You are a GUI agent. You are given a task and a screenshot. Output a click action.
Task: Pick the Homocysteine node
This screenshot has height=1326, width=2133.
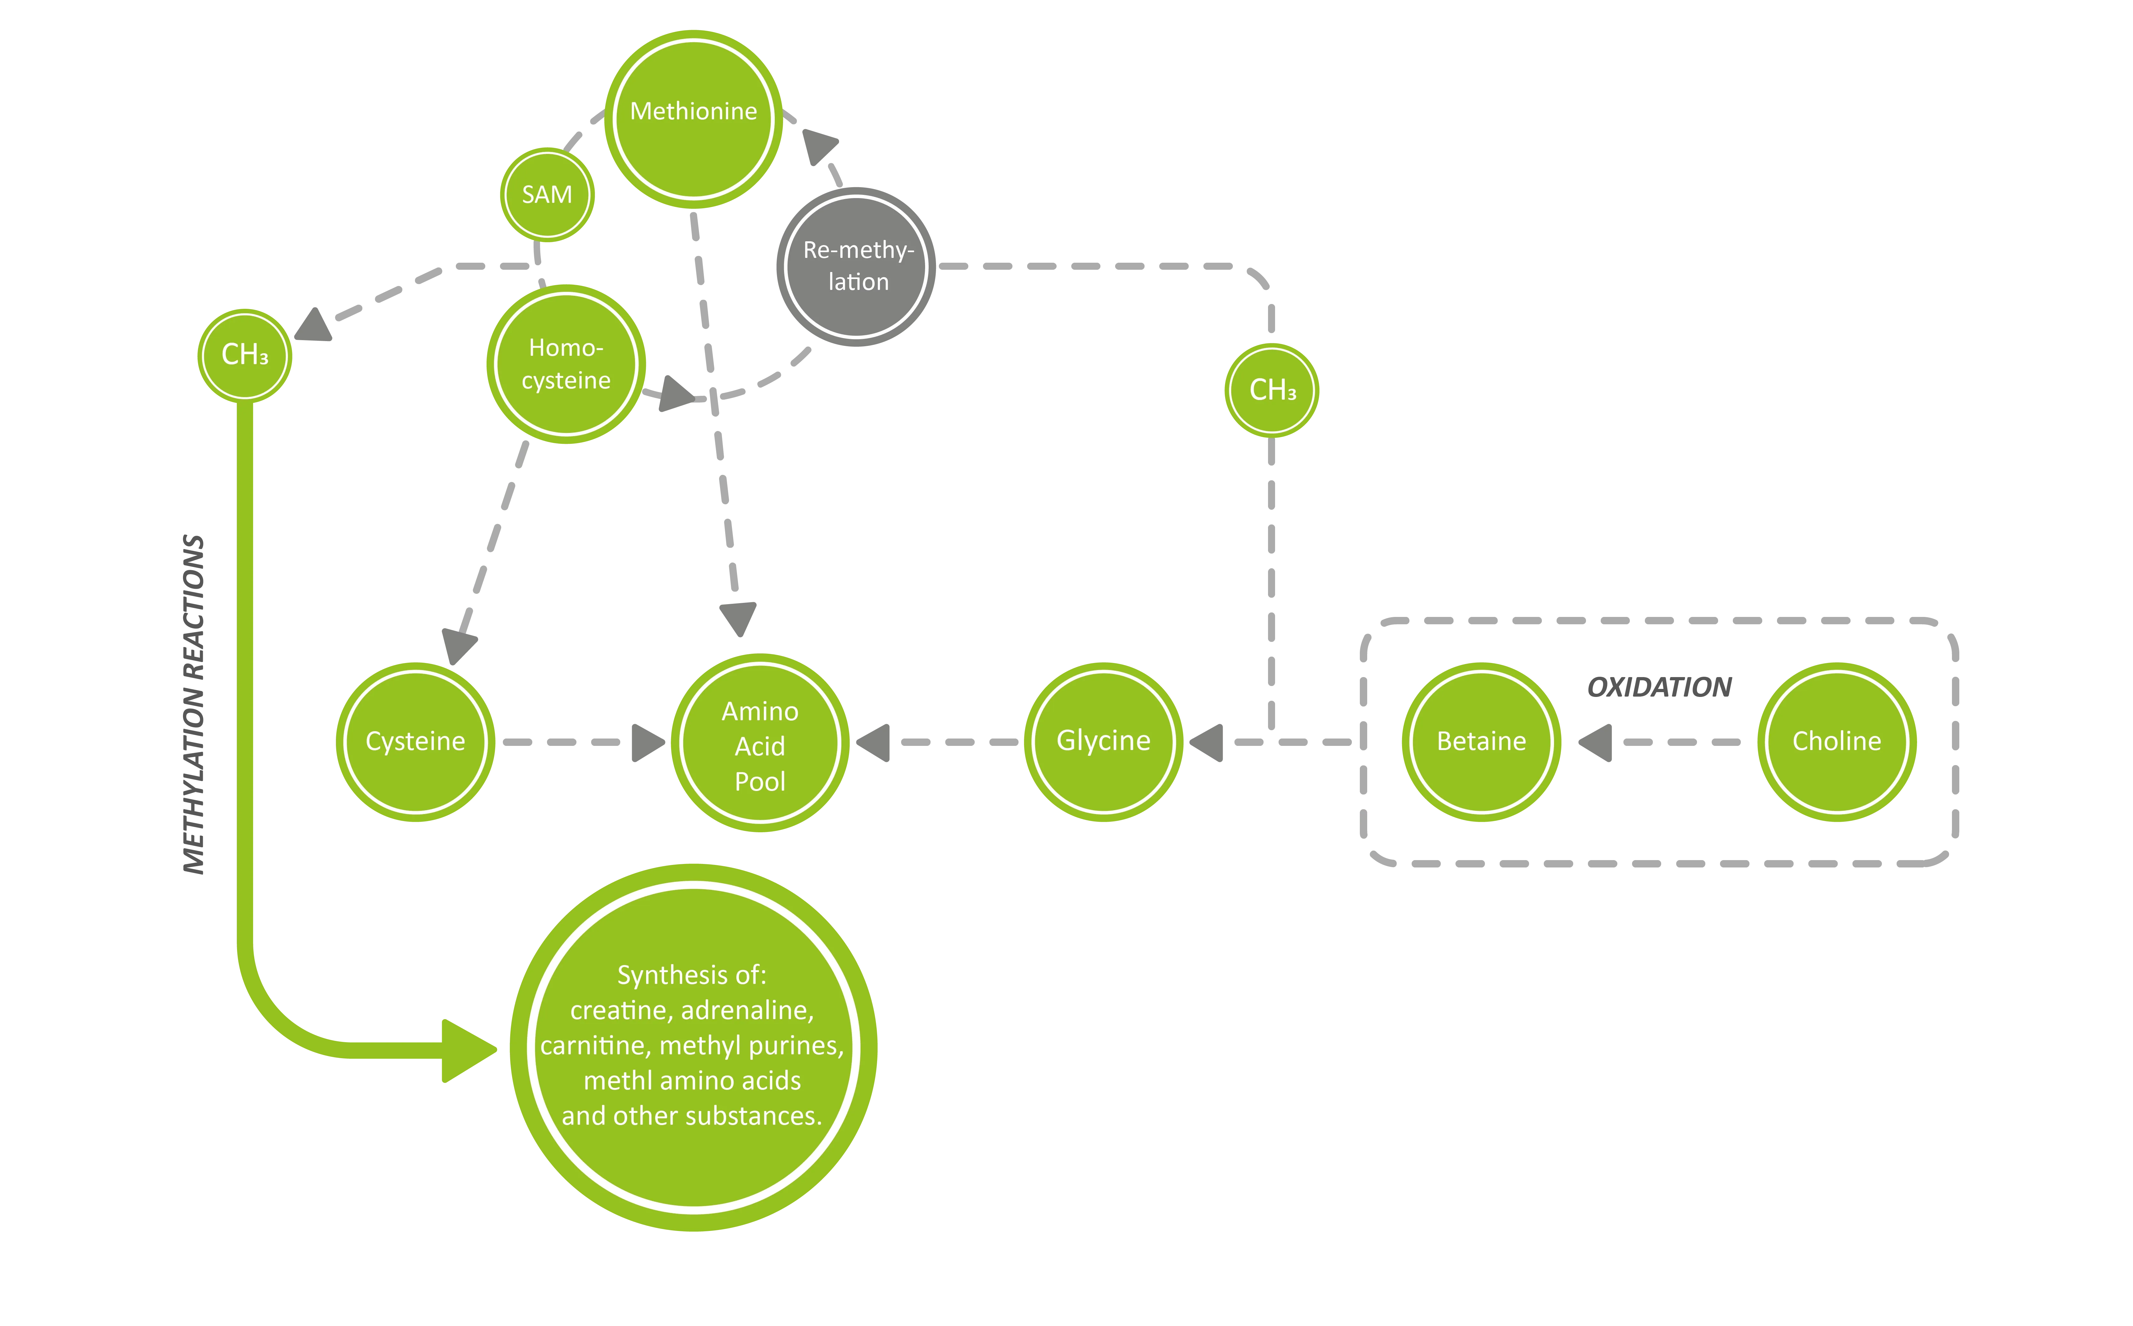(x=566, y=364)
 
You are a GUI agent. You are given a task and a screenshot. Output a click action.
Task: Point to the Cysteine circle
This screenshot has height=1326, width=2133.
(x=416, y=742)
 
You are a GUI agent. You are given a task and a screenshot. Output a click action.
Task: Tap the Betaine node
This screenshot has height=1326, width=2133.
(x=1482, y=742)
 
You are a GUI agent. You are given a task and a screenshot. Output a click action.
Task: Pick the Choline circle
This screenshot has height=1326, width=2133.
(x=1837, y=742)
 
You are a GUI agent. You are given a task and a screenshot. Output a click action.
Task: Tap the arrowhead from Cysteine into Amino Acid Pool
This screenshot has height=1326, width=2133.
(x=647, y=742)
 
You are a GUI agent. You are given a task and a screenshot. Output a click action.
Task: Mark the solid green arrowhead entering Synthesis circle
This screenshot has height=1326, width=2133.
(x=467, y=1050)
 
